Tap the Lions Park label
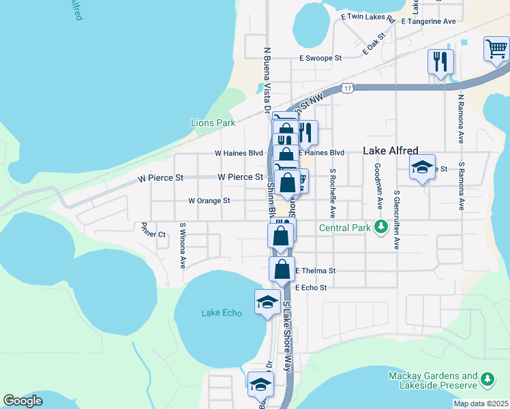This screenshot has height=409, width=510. (213, 123)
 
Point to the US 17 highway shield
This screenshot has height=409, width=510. (348, 89)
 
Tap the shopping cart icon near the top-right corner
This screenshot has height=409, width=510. (496, 50)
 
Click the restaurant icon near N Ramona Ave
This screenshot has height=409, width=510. (440, 61)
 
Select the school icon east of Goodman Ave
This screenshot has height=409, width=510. (422, 168)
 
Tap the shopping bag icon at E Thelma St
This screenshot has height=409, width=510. (282, 269)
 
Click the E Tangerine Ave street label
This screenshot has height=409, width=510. (428, 21)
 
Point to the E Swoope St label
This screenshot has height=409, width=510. (320, 59)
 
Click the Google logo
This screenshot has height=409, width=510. (23, 401)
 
